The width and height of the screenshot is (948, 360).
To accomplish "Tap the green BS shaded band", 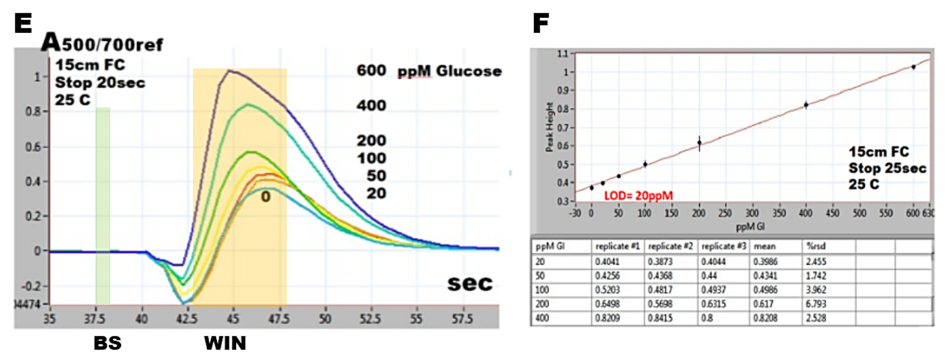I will point(103,205).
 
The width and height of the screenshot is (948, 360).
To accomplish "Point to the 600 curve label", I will point(371,71).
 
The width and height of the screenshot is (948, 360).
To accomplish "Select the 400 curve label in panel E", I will point(371,105).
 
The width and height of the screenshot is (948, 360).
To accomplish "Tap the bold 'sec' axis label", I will point(470,283).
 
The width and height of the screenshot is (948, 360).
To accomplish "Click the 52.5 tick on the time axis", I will point(371,318).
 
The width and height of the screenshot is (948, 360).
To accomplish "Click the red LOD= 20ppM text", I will point(638,196).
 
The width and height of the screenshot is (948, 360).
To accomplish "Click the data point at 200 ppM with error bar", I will point(699,142).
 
